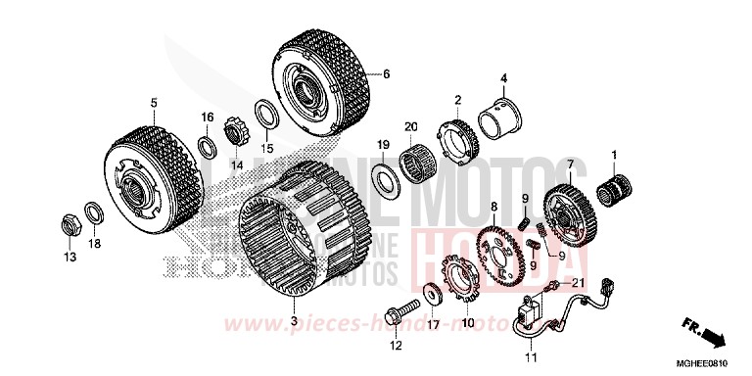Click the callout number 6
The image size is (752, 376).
click(x=386, y=73)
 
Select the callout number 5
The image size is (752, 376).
click(x=154, y=102)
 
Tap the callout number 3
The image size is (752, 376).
click(x=293, y=320)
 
